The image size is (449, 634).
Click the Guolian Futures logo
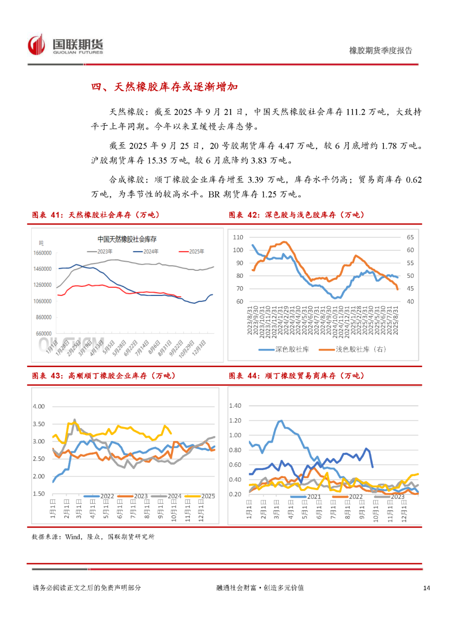[x=66, y=45]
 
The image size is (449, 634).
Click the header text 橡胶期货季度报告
[x=380, y=51]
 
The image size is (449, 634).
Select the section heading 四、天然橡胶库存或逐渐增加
[x=164, y=87]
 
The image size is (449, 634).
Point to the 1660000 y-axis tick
[x=42, y=253]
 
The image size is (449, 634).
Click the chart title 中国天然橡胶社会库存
[x=127, y=239]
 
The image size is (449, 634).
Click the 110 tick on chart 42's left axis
[x=238, y=237]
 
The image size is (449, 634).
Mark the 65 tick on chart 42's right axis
[x=410, y=237]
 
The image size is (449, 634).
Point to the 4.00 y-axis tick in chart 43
[x=39, y=406]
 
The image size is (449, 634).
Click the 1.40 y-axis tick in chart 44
[x=235, y=406]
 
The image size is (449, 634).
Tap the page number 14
[x=427, y=588]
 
